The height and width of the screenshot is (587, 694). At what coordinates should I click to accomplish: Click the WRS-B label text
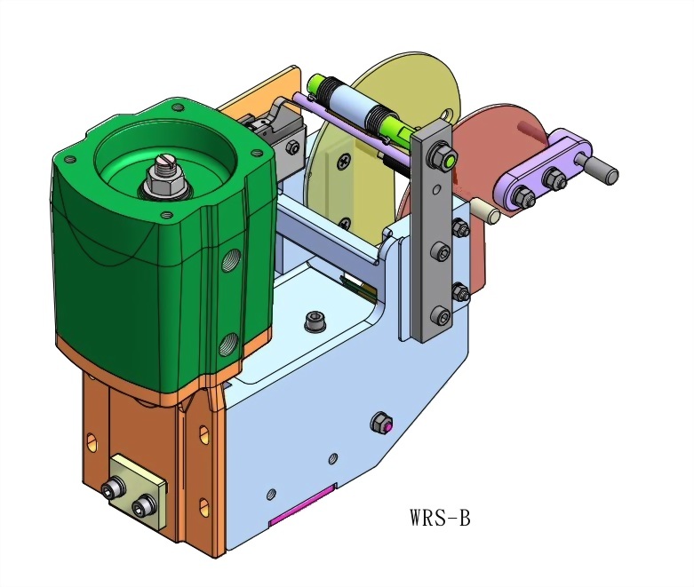coord(440,517)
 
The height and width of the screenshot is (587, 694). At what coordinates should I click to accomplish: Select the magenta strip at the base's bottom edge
coord(302,504)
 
